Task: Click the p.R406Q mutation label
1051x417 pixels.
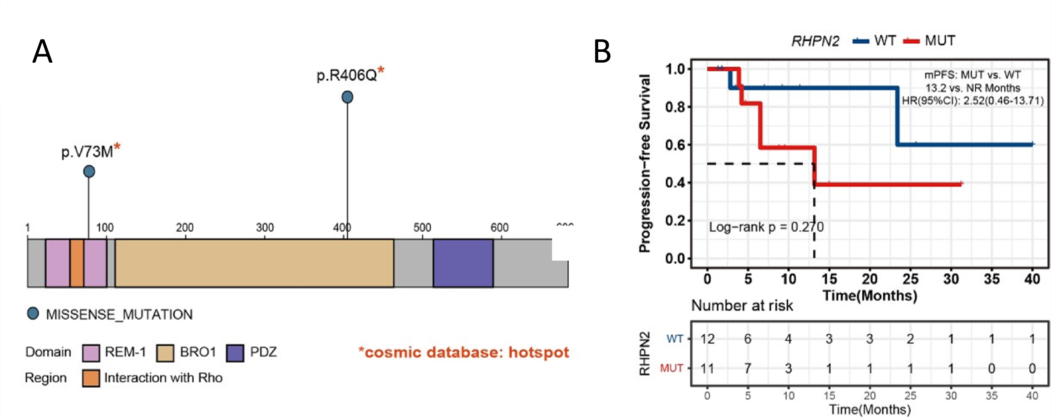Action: tap(347, 75)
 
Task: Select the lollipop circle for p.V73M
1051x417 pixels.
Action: tap(89, 171)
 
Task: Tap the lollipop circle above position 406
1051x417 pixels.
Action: tap(347, 97)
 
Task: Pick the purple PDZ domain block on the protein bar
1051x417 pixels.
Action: tap(463, 263)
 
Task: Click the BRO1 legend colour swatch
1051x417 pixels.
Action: tap(165, 353)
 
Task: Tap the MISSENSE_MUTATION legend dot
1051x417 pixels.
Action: tap(33, 313)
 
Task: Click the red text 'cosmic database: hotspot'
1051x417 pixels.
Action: tap(464, 352)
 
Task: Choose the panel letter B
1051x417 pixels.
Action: tap(602, 52)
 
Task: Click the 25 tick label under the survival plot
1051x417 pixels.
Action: tap(910, 279)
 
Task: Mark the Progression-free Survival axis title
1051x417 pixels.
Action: tap(645, 163)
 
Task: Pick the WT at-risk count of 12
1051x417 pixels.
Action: tap(707, 339)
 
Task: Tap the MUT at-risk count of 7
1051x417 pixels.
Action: tap(748, 368)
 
